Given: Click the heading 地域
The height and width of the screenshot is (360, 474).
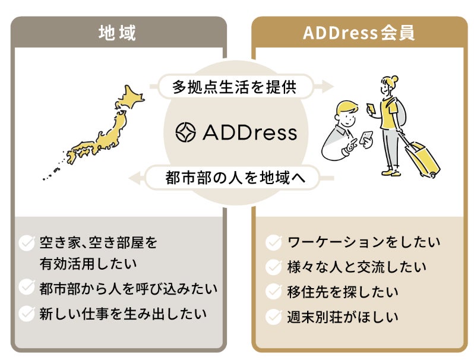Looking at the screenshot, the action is [x=118, y=33].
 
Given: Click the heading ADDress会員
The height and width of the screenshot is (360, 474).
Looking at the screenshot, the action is [x=359, y=33].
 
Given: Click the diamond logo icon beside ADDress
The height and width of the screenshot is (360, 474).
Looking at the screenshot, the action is [x=186, y=132].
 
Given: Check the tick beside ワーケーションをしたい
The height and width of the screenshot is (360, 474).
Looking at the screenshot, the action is [x=273, y=242].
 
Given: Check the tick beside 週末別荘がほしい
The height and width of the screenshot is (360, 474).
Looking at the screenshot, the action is [x=273, y=317].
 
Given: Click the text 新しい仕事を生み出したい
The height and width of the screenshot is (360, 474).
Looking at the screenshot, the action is [x=123, y=312].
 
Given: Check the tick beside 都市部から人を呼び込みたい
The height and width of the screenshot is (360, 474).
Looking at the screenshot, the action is [x=27, y=288].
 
